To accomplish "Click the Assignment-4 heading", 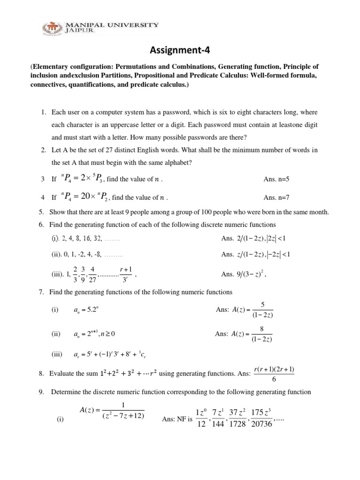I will [x=180, y=50].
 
